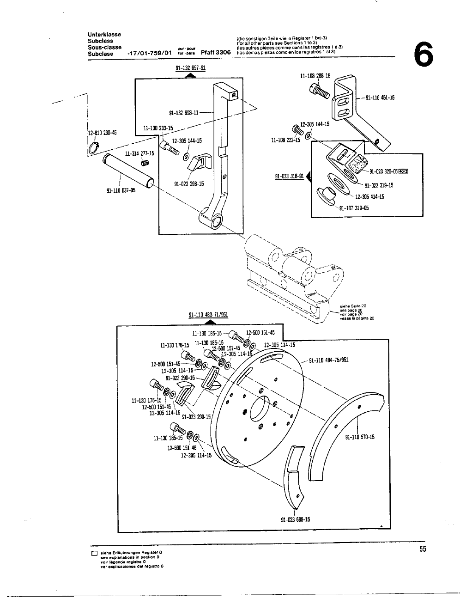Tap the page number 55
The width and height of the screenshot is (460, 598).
tap(423, 549)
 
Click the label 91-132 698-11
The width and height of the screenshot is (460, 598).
tap(183, 112)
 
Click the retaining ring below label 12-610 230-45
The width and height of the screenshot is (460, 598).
tap(93, 148)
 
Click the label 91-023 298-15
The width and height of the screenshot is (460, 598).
tap(189, 183)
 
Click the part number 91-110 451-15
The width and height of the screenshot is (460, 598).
tap(380, 98)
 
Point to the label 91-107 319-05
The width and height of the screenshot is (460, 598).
tap(354, 207)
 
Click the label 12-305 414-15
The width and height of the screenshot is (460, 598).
tap(369, 196)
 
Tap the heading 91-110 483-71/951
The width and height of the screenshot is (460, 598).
tap(209, 315)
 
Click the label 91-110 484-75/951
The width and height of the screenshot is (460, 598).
tap(328, 360)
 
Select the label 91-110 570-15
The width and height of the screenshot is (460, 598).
tap(360, 437)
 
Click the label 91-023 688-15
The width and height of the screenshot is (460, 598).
tap(296, 519)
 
